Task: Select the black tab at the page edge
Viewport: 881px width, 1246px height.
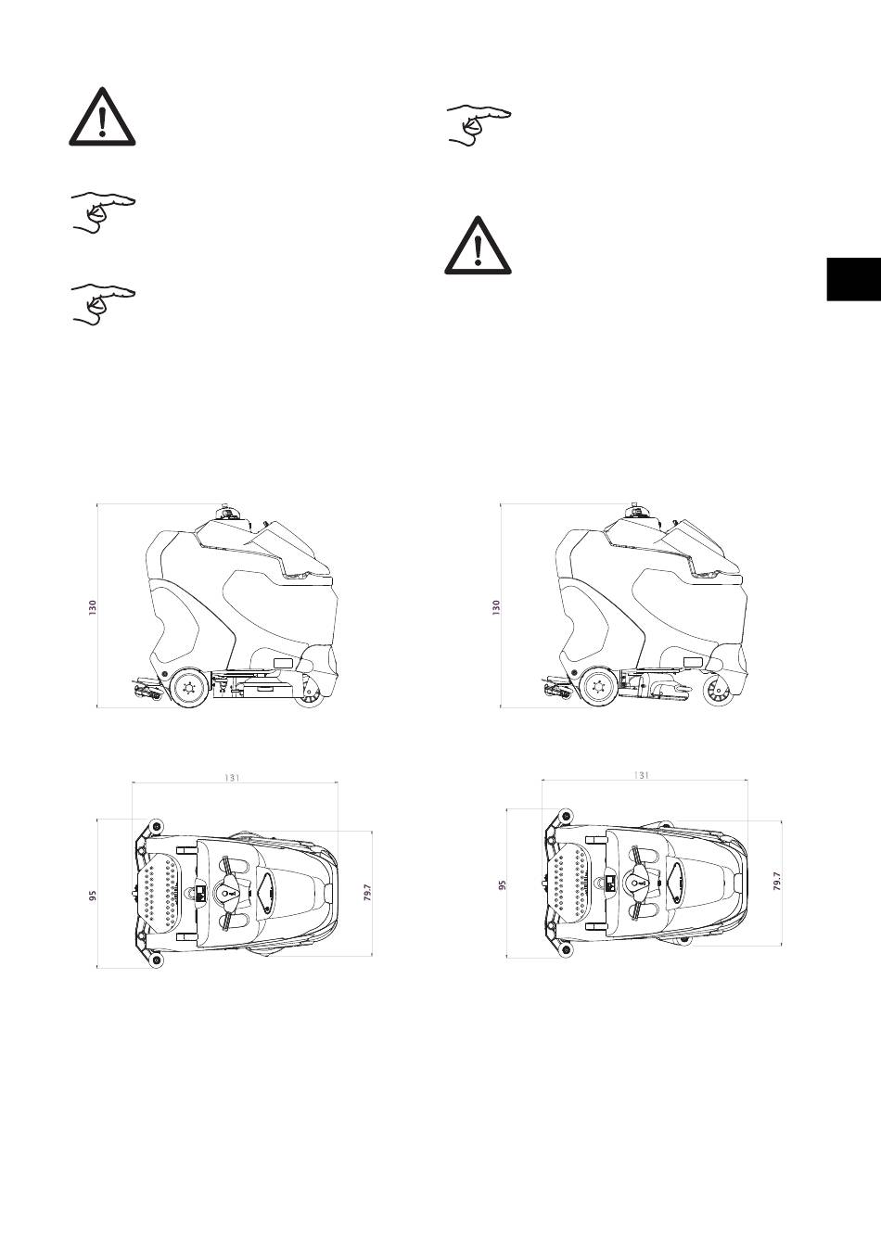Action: coord(854,279)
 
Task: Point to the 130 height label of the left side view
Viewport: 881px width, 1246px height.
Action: coord(93,607)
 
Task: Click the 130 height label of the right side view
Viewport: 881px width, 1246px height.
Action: coord(496,607)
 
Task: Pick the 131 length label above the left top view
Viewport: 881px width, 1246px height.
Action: coord(232,778)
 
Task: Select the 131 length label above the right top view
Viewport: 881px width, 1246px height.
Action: coord(641,775)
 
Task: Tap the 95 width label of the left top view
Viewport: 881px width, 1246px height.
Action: coord(93,896)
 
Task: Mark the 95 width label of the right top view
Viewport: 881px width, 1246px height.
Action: coord(502,884)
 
